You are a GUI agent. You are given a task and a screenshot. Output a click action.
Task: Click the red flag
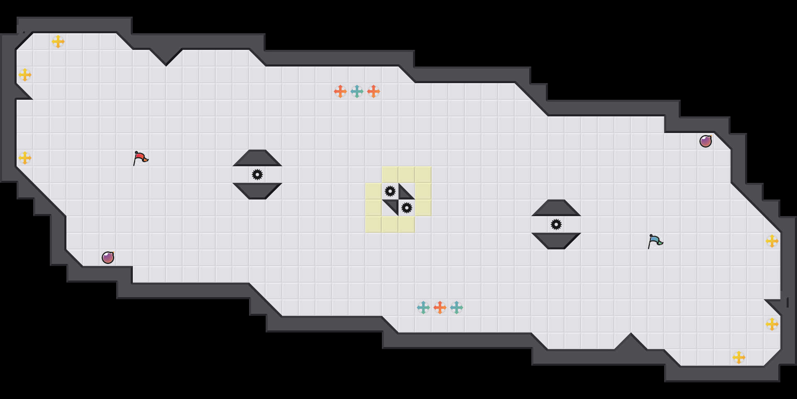pos(140,158)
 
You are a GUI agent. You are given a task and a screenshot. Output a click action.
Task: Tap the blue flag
pos(655,241)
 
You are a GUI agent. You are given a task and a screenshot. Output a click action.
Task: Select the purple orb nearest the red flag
pos(108,258)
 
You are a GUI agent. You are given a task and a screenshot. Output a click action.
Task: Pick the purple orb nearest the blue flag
pos(706,141)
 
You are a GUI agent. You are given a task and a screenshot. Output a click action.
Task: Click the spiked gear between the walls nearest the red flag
pos(257,175)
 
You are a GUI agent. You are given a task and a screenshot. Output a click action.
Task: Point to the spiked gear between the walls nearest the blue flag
pos(556,224)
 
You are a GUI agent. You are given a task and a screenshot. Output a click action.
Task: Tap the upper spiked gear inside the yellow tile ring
pos(390,191)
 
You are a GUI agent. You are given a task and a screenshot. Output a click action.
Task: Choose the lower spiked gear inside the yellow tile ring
pos(407,208)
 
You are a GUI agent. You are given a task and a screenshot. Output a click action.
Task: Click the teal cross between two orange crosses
pos(357,91)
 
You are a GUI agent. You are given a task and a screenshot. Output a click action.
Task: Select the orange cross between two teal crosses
pos(440,308)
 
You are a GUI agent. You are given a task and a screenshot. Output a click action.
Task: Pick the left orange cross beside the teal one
pos(340,91)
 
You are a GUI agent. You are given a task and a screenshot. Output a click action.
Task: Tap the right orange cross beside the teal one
pos(374,91)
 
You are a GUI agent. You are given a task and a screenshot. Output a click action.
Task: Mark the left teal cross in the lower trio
pos(423,308)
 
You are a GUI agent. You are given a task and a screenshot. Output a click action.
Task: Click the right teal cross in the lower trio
pos(457,308)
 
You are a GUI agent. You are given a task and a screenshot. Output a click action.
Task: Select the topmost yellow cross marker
pos(58,42)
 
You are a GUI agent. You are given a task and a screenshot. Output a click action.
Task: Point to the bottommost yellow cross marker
pos(739,357)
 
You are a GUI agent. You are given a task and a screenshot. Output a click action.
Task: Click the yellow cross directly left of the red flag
pos(25,158)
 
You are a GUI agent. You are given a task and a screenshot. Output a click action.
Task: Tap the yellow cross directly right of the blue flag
pos(772,241)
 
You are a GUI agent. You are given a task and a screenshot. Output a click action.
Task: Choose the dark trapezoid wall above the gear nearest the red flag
pos(257,158)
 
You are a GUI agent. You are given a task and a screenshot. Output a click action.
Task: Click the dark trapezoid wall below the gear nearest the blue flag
pos(556,241)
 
